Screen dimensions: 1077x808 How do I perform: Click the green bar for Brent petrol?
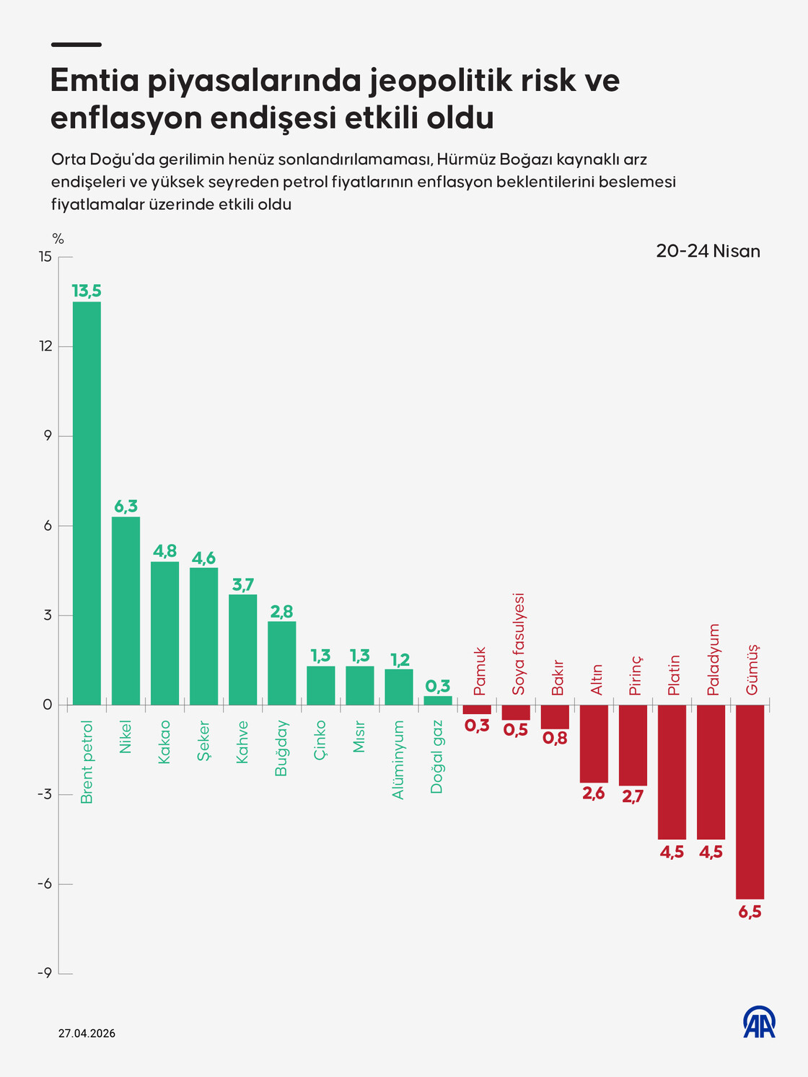coord(87,503)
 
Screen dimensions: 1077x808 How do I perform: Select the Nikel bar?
coord(126,610)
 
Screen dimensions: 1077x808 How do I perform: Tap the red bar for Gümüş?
coord(750,801)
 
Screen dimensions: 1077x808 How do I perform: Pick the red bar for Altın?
coord(594,743)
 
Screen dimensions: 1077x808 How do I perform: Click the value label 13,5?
coord(87,291)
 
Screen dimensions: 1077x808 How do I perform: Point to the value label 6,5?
coord(750,913)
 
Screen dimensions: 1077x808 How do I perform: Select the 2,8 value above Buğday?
coord(281,612)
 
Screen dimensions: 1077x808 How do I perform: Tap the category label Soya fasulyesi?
coord(518,643)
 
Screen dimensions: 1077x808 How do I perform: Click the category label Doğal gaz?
coord(436,757)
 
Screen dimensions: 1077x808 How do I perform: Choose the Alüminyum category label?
coord(398,760)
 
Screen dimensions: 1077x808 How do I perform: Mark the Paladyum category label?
coord(713,659)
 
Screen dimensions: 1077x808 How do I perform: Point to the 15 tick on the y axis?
coord(46,257)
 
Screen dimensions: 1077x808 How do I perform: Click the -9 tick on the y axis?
coord(45,973)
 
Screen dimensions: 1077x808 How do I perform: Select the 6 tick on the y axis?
coord(48,526)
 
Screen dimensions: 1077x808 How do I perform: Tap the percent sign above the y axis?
coord(58,239)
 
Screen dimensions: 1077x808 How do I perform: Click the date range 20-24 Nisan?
coord(708,251)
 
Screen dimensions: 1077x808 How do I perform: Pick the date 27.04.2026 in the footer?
coord(87,1034)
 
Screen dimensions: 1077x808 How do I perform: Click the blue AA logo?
coord(759,1022)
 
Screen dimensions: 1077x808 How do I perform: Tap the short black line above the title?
coord(76,45)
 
